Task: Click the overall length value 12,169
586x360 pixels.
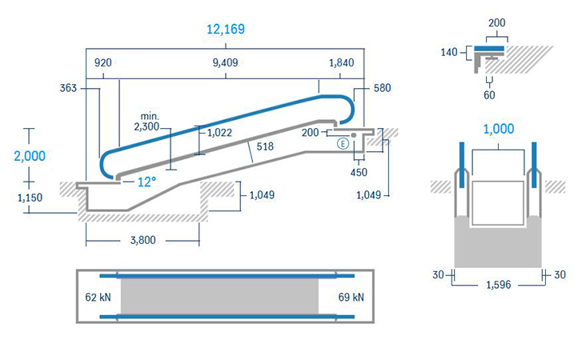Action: point(226,29)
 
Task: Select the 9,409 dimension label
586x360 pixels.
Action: point(226,62)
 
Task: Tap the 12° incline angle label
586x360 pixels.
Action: point(146,182)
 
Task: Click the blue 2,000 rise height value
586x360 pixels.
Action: point(30,156)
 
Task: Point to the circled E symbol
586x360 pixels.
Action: point(343,143)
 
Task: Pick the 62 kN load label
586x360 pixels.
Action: point(98,298)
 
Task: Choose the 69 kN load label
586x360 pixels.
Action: point(351,298)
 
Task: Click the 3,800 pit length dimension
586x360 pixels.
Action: point(142,240)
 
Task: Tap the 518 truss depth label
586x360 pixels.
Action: point(265,146)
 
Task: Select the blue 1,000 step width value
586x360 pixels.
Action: point(499,130)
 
